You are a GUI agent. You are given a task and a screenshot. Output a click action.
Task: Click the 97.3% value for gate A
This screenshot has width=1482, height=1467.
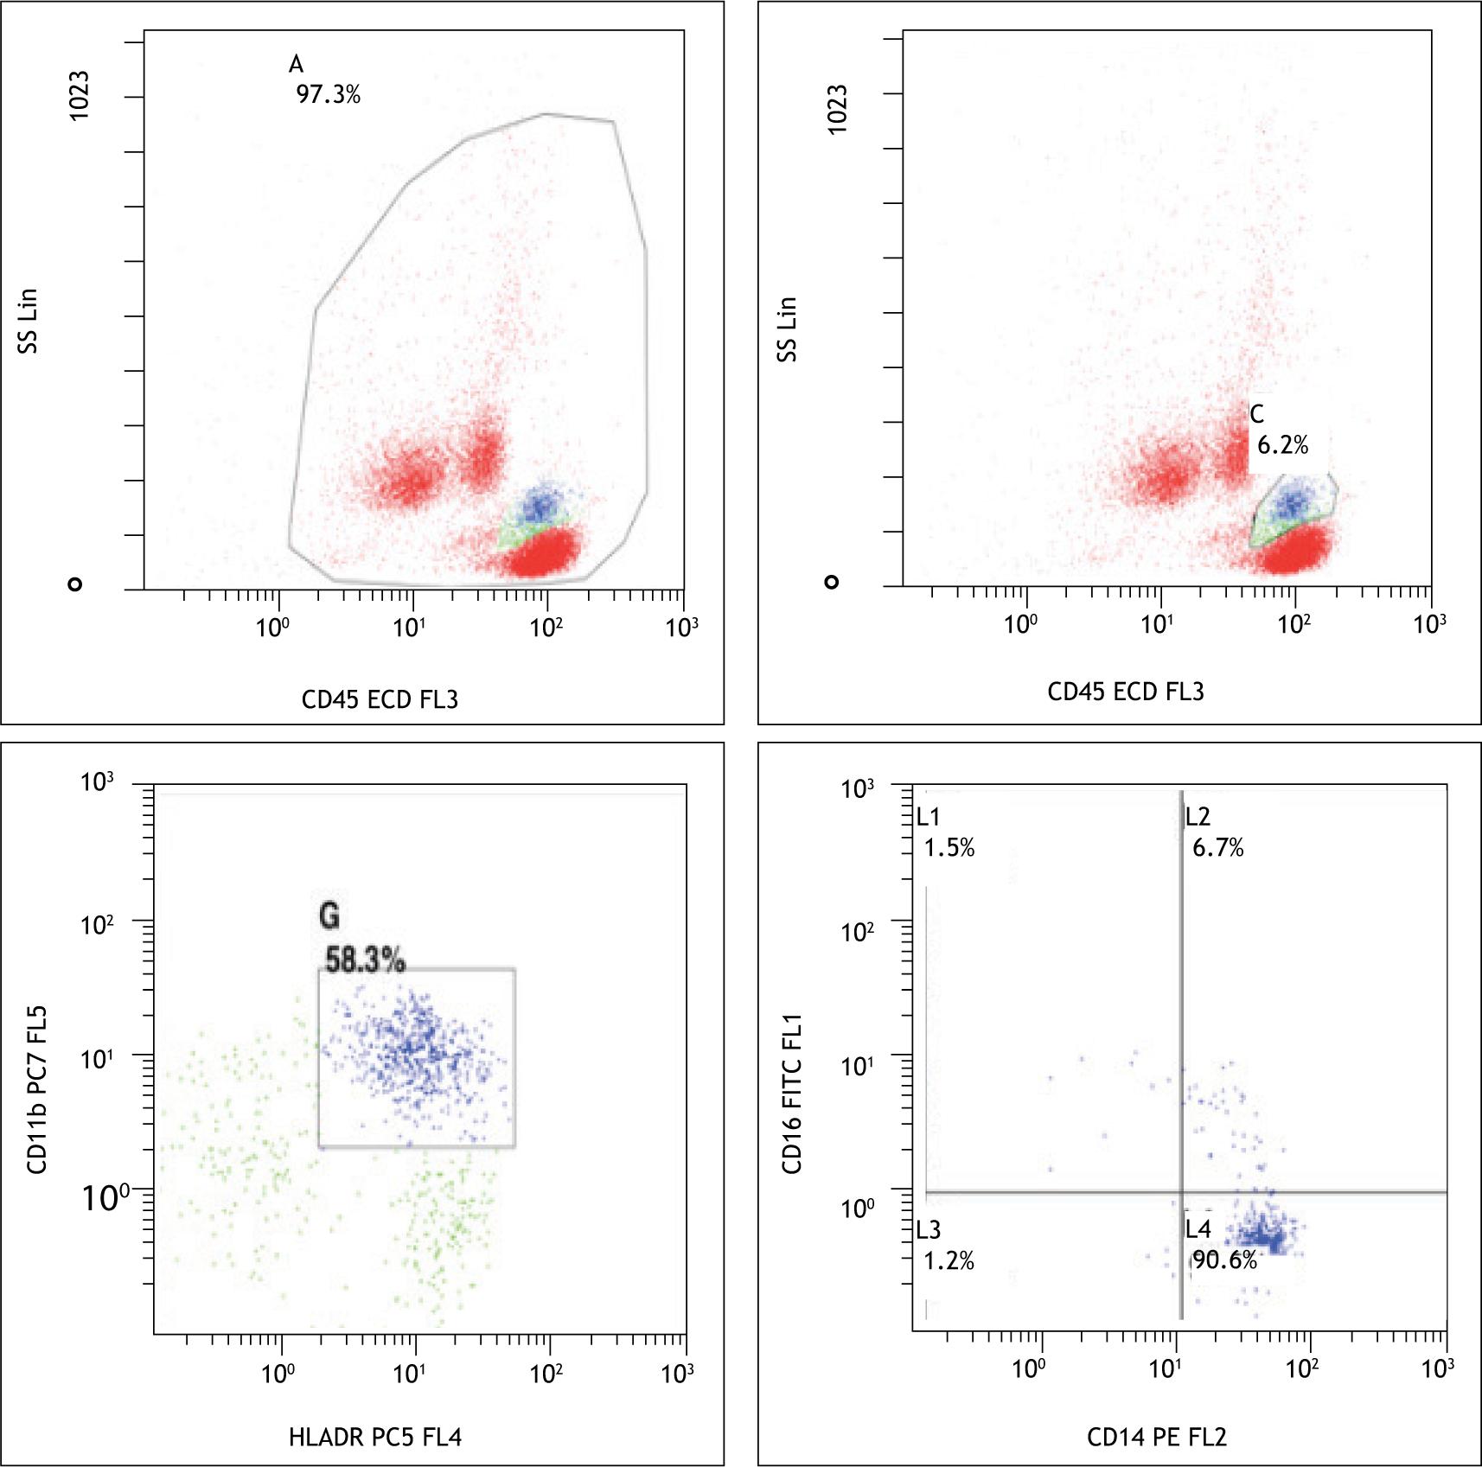328,94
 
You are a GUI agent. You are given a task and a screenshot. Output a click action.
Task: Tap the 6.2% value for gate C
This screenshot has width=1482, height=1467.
1282,445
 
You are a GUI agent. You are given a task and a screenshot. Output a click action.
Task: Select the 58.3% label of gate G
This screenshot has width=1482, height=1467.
365,960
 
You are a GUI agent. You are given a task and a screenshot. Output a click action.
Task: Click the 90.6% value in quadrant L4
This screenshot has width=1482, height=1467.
1224,1260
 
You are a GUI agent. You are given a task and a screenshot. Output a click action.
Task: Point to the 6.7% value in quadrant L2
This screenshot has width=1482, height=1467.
1217,848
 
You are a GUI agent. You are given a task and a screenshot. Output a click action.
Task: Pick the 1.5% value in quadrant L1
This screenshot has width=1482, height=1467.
949,848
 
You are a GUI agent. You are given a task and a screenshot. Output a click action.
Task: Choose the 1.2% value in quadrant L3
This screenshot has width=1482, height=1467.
949,1261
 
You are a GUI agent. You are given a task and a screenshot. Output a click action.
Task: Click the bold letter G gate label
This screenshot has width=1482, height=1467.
329,915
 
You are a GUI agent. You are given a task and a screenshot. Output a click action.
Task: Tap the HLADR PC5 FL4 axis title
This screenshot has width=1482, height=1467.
375,1437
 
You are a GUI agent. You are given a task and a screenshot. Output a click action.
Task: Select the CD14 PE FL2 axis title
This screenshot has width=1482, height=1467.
1156,1437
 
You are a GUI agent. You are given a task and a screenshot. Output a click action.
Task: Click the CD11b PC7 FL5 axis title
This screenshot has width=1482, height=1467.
37,1089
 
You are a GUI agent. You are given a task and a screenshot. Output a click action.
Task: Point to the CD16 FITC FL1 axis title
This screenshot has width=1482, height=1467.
792,1094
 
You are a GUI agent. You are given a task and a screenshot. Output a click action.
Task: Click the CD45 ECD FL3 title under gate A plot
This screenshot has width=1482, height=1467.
380,699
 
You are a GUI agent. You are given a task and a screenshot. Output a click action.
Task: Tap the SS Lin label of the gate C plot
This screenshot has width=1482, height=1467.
786,329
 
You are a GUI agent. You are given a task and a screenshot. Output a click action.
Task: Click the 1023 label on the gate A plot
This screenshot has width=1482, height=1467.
79,96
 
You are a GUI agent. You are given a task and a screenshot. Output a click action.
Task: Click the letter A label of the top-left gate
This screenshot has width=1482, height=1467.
296,64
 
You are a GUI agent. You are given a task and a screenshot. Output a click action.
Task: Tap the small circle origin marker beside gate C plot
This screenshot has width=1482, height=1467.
832,582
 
